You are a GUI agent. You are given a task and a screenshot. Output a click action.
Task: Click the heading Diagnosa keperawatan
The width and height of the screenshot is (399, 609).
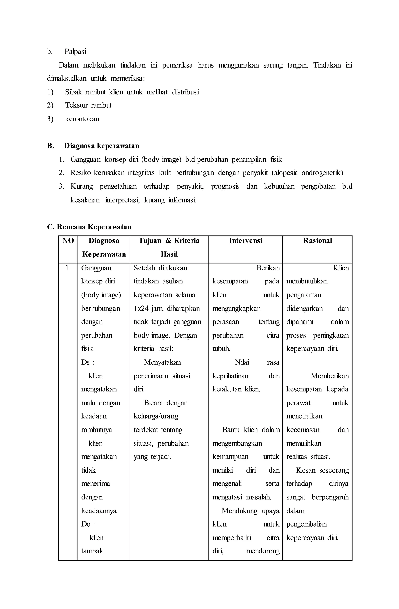[102, 146]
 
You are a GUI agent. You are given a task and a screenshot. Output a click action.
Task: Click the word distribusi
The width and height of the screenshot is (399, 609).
[185, 92]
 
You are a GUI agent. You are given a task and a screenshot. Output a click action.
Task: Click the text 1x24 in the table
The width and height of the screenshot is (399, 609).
[141, 309]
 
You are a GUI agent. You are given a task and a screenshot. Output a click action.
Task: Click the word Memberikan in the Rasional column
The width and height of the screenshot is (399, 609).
[330, 376]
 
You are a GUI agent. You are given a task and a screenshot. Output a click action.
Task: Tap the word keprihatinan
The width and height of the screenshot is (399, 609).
[230, 376]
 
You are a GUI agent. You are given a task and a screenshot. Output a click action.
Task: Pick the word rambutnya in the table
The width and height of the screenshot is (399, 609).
[96, 430]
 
